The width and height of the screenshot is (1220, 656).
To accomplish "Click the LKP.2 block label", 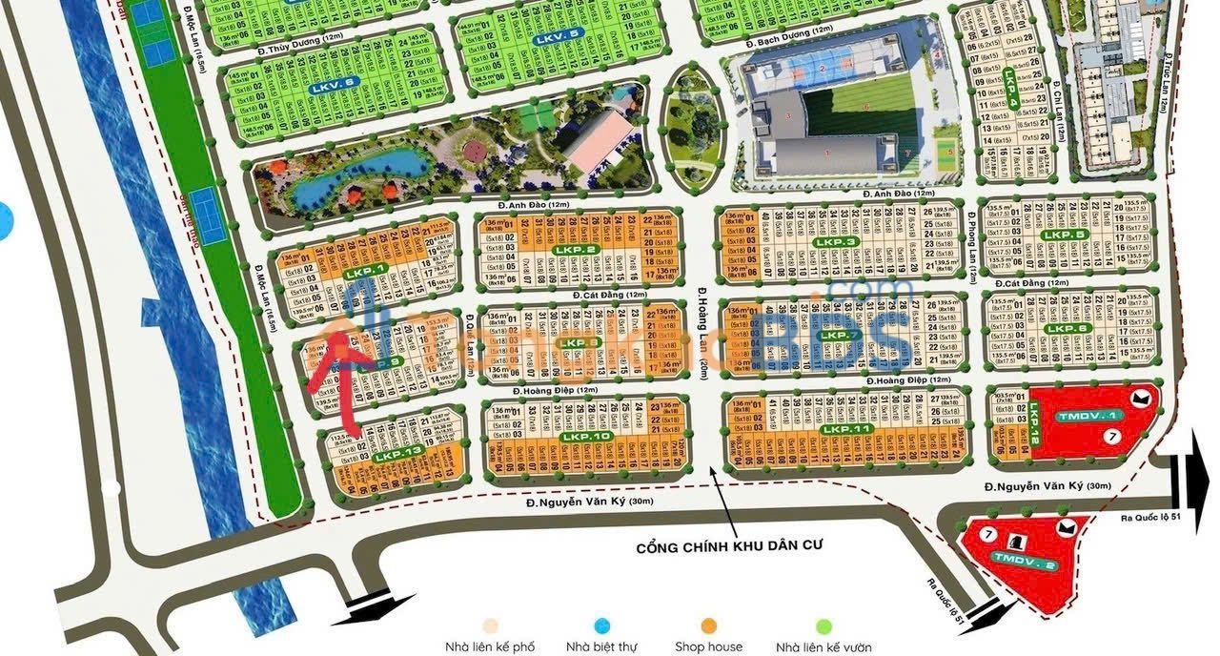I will [x=579, y=250].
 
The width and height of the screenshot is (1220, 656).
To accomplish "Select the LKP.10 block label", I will [x=586, y=437].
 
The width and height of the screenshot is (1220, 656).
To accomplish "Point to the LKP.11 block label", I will [x=846, y=430].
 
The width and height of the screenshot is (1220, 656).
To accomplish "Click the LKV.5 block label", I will [x=558, y=37].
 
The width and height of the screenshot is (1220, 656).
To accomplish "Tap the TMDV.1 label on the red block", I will [x=1077, y=417].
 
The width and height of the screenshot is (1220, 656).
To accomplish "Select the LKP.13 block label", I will [x=397, y=456].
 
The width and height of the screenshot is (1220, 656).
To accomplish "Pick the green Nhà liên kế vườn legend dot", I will [x=824, y=625].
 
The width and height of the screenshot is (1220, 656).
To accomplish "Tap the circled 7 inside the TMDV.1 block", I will [x=1113, y=436].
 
